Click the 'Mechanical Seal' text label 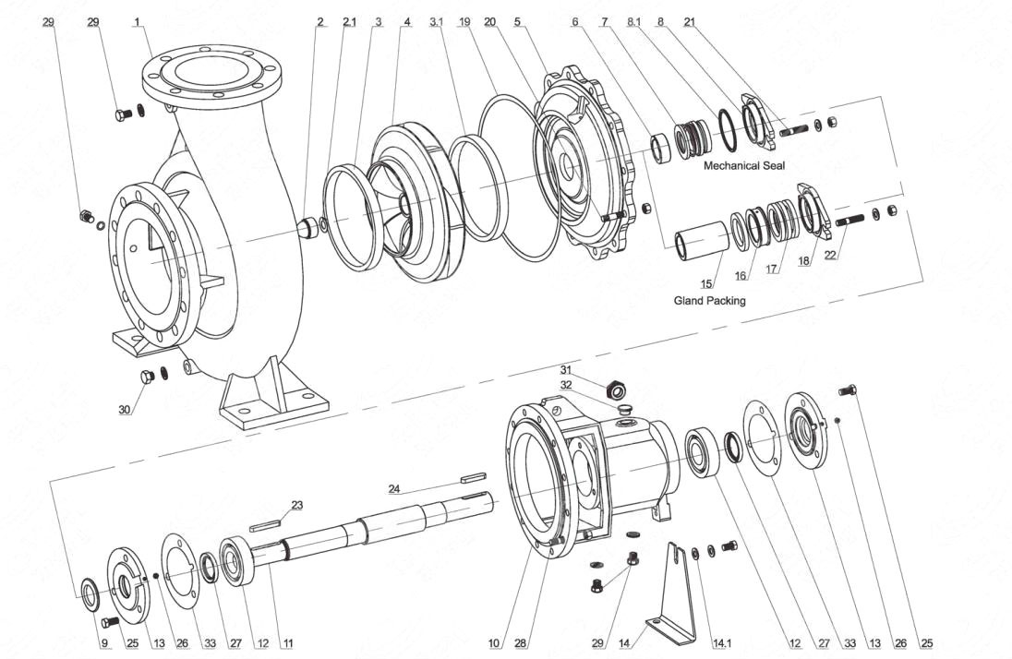tap(743, 166)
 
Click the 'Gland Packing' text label tap(710, 300)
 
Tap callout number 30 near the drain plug tap(124, 410)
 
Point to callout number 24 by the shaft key tap(394, 488)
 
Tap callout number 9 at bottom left tap(103, 643)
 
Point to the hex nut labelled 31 tap(614, 383)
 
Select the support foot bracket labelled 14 tap(674, 591)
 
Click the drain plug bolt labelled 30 tap(146, 377)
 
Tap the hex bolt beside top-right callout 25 tap(848, 391)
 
